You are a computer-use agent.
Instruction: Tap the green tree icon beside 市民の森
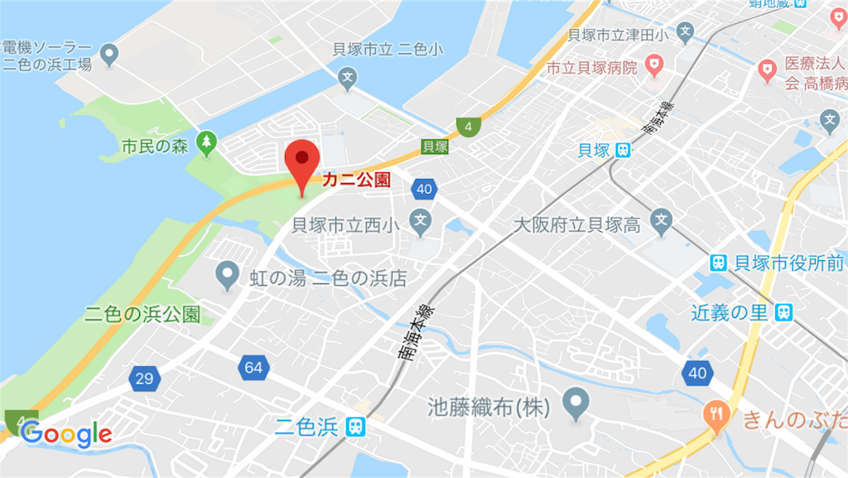pos(205,145)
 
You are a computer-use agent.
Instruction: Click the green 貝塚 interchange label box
pos(435,147)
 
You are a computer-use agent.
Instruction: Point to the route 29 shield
pos(144,379)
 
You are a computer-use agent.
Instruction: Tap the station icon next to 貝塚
pos(623,150)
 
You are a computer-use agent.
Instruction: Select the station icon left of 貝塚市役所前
pos(720,263)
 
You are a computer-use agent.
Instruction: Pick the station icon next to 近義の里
pos(783,312)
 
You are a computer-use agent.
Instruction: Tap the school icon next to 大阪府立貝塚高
pos(660,220)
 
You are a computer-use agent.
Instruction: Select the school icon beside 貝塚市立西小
pos(422,221)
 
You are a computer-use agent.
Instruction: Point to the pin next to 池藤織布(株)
pos(575,403)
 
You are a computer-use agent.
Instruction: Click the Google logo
pos(66,432)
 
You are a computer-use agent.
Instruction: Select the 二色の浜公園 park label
pos(142,315)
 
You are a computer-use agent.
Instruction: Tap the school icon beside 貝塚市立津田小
pos(685,34)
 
